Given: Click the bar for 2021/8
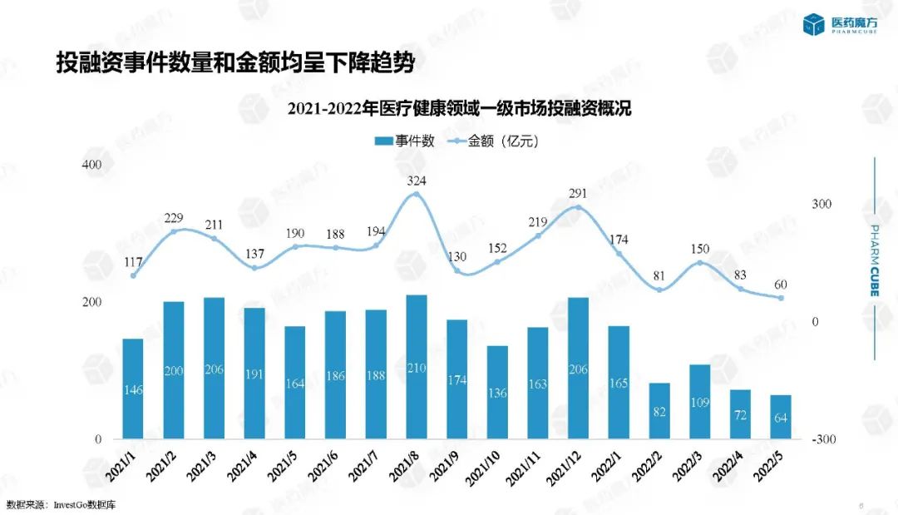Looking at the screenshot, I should pos(417,366).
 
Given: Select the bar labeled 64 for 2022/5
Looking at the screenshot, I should pos(780,417).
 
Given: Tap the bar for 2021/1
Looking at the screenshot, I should pos(133,389).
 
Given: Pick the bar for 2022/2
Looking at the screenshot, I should pos(659,411).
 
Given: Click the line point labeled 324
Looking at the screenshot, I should pos(417,195).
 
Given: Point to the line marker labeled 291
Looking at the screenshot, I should pos(578,207).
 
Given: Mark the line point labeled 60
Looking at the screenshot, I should pos(781,298).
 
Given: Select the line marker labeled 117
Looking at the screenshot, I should pos(133,275).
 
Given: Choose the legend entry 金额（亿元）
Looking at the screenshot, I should pos(492,141).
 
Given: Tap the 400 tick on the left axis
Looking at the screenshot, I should pos(91,165).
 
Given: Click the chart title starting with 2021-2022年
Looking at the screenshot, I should pos(460,110).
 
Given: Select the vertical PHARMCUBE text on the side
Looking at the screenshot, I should pos(875,260).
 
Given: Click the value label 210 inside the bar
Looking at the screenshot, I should pos(417,368).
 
